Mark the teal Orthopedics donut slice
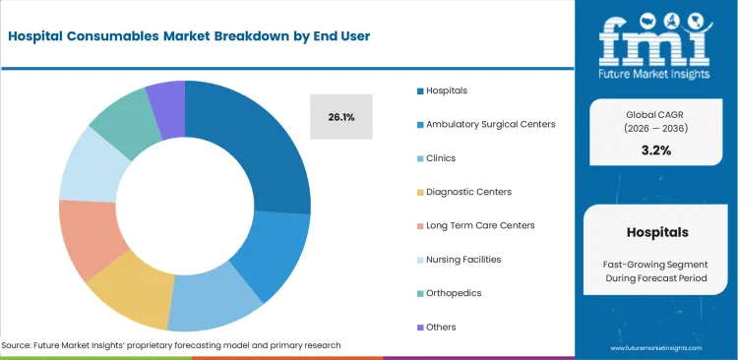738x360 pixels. (118, 120)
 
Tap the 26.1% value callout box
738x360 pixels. (341, 117)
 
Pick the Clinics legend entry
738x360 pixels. (441, 157)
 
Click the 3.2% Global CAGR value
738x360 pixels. (656, 150)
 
